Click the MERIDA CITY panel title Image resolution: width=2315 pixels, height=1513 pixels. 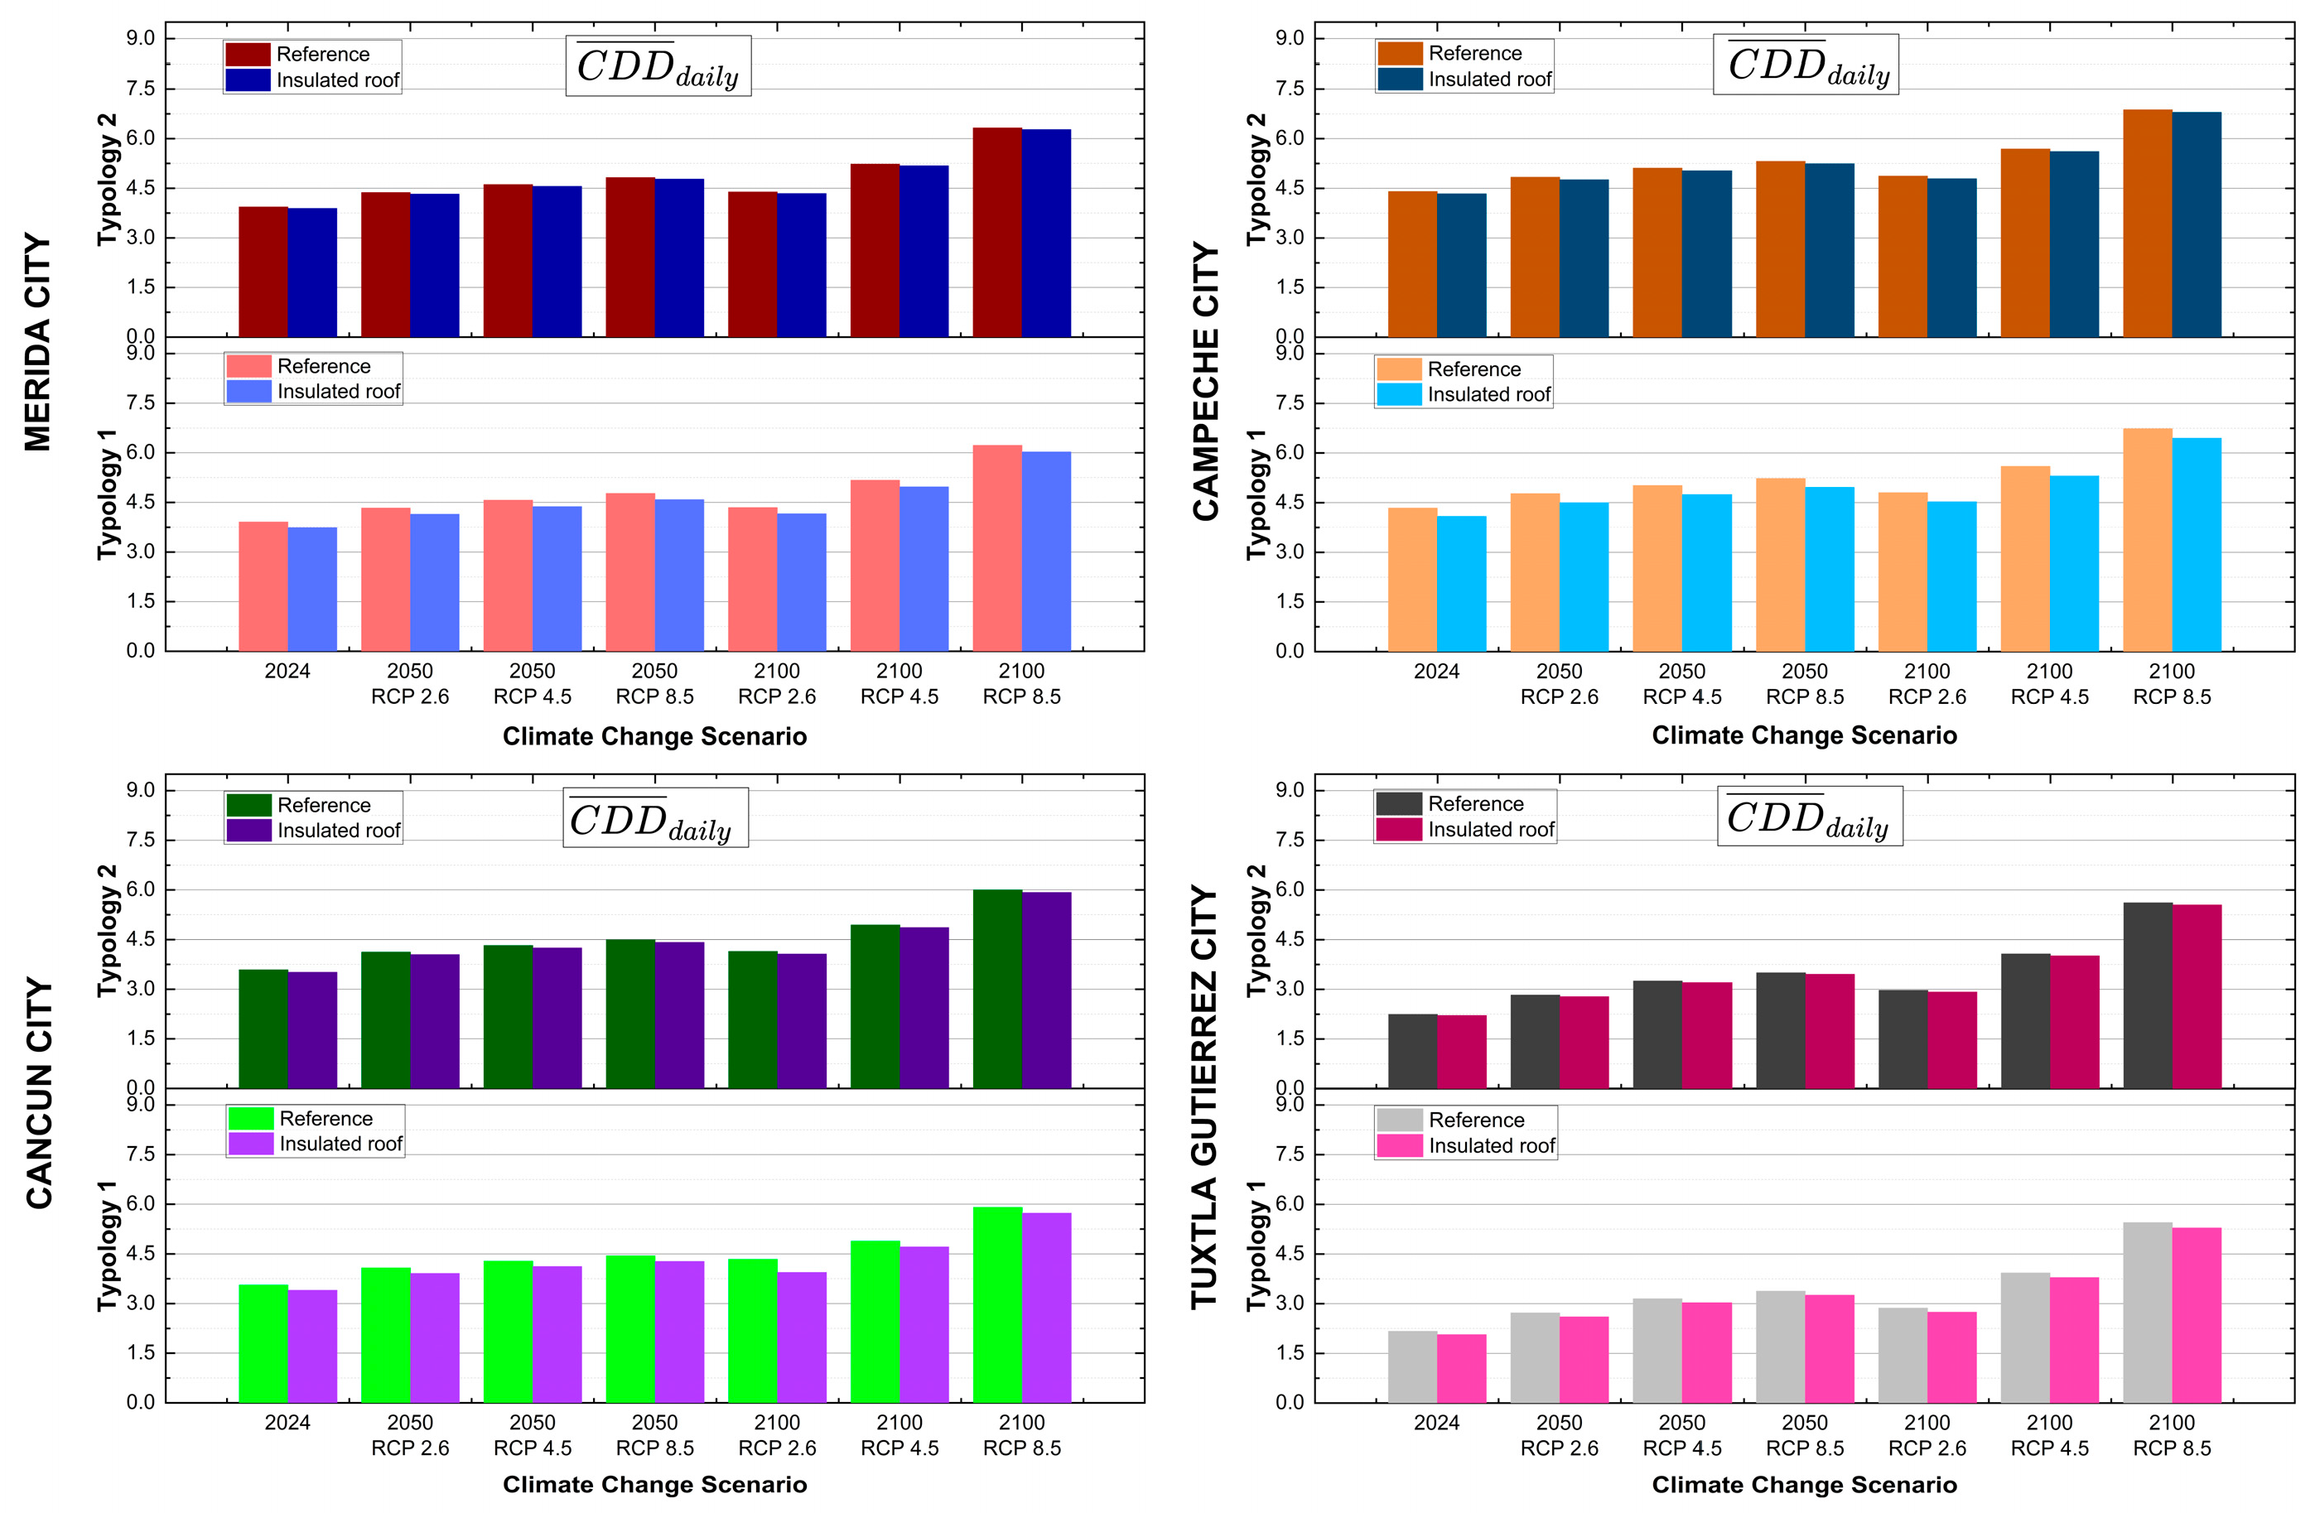click(x=37, y=341)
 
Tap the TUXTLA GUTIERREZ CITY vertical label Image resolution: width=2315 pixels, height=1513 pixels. click(x=1204, y=1096)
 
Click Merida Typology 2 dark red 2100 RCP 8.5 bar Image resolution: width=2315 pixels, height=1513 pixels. click(x=996, y=233)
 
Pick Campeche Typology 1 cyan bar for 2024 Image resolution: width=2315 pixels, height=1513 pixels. click(x=1461, y=583)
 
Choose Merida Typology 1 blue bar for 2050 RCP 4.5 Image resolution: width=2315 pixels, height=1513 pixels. click(x=557, y=579)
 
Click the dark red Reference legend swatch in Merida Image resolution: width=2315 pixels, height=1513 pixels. click(x=247, y=55)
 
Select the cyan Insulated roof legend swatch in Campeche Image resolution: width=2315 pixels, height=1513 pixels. click(x=1399, y=394)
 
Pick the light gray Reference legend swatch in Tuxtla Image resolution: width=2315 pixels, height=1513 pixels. click(x=1399, y=1119)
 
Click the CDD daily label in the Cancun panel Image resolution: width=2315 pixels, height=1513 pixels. click(x=654, y=817)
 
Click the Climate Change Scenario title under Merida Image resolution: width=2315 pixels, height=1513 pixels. click(x=654, y=736)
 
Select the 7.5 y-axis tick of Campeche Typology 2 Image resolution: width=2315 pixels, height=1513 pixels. click(x=1289, y=89)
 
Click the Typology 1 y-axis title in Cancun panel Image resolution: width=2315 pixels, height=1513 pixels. click(x=107, y=1246)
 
